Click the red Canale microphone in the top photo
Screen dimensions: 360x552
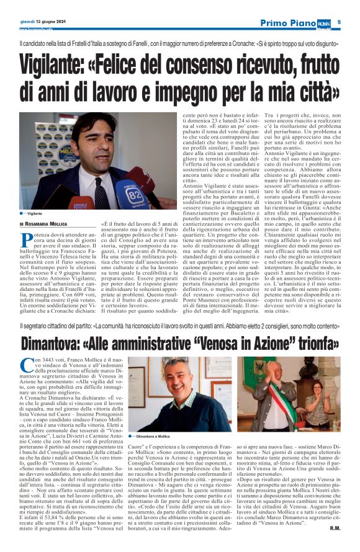click(x=81, y=203)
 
